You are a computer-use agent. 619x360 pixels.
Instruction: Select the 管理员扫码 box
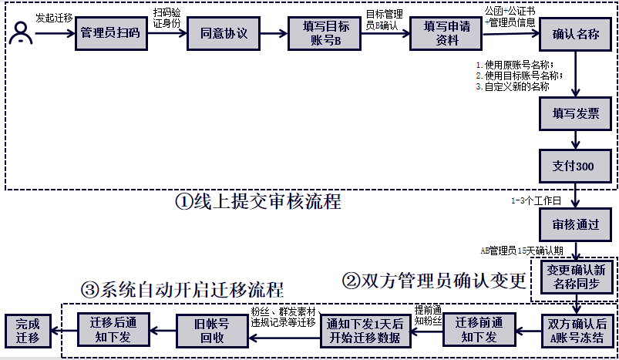pos(110,34)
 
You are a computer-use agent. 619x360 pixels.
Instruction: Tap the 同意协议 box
pos(223,34)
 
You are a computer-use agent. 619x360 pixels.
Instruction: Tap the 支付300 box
pos(576,166)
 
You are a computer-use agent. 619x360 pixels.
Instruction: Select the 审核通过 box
pos(576,225)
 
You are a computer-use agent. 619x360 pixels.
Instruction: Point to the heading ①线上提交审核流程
pos(257,202)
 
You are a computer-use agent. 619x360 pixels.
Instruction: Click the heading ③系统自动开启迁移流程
pos(182,290)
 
